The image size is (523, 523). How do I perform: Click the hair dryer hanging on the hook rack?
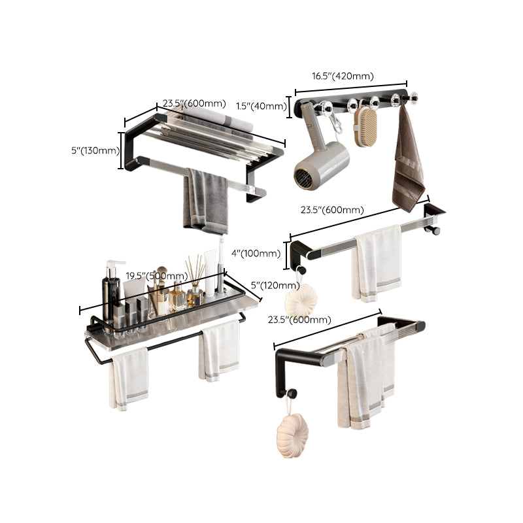[x=320, y=163]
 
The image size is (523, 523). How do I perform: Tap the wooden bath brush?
[x=366, y=127]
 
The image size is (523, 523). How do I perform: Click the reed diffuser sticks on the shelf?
[x=195, y=275]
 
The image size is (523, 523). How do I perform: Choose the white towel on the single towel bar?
[x=378, y=261]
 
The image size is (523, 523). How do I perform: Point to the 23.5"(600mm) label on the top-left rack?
[x=194, y=103]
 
